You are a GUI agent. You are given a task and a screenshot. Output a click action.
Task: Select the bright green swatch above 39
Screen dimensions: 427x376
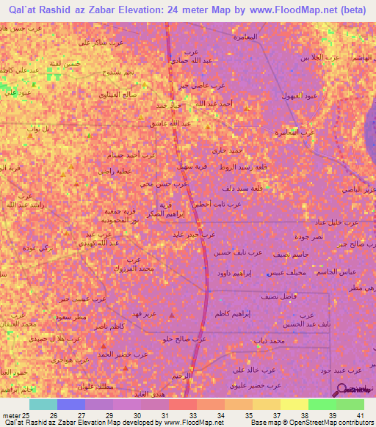[x=322, y=404]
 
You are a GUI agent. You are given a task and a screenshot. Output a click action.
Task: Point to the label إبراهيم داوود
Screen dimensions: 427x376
[x=234, y=273]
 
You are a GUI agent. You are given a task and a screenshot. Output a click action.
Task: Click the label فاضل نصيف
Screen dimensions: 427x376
[x=279, y=296]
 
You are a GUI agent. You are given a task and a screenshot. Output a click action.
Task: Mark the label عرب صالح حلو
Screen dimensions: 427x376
[x=186, y=339]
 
